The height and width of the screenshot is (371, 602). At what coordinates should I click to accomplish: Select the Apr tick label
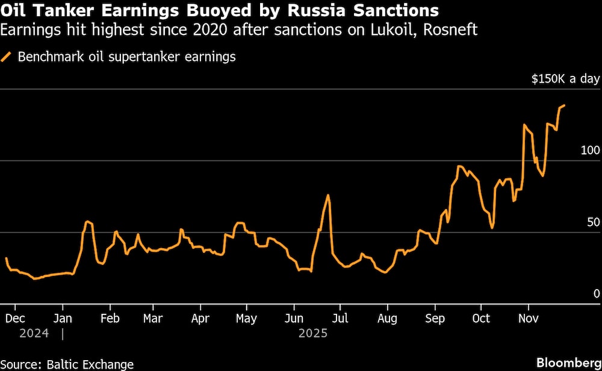point(200,318)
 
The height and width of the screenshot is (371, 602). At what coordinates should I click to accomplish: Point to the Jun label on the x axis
point(293,318)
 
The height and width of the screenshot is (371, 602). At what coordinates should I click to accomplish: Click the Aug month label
point(387,318)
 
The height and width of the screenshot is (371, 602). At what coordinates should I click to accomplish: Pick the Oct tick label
point(480,318)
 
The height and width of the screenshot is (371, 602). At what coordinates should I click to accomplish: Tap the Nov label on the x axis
point(528,318)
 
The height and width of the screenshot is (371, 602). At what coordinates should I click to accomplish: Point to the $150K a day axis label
point(565,79)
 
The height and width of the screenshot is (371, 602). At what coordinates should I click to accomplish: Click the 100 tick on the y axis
point(590,150)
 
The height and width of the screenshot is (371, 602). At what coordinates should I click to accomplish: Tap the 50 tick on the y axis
point(594,222)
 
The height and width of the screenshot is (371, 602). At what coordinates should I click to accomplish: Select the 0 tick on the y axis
point(597,293)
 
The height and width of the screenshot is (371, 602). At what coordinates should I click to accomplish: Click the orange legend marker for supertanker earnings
point(7,58)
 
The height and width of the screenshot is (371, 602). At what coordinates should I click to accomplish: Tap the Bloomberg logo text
point(568,363)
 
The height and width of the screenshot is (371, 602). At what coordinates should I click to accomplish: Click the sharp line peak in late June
point(328,195)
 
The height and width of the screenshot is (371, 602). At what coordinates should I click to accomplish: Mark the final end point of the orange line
point(564,105)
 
